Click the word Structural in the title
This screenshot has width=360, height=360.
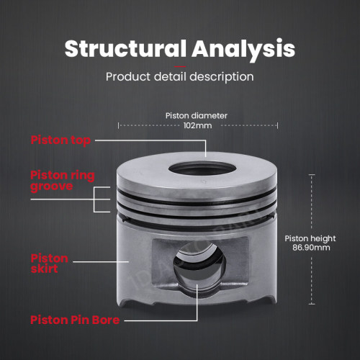125,48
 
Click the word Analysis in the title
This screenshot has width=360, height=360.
243,49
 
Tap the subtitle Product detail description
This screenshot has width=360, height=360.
180,77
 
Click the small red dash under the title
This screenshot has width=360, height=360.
180,66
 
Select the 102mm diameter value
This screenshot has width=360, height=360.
197,125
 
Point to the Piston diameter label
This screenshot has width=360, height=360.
197,116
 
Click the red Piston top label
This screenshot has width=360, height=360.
60,140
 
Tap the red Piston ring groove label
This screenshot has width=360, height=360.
63,181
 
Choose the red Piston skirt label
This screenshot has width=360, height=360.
50,264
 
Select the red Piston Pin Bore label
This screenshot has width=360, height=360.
75,320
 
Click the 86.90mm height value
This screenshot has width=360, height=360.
311,248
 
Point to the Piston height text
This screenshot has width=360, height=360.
310,238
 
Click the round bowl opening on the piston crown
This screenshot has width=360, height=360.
202,168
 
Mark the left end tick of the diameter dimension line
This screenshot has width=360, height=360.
118,125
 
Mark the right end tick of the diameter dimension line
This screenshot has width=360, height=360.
277,125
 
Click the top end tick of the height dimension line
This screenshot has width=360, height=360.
312,175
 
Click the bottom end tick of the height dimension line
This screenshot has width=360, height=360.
312,304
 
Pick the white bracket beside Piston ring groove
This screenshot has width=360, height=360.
94,199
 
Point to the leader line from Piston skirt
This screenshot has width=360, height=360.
101,261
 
